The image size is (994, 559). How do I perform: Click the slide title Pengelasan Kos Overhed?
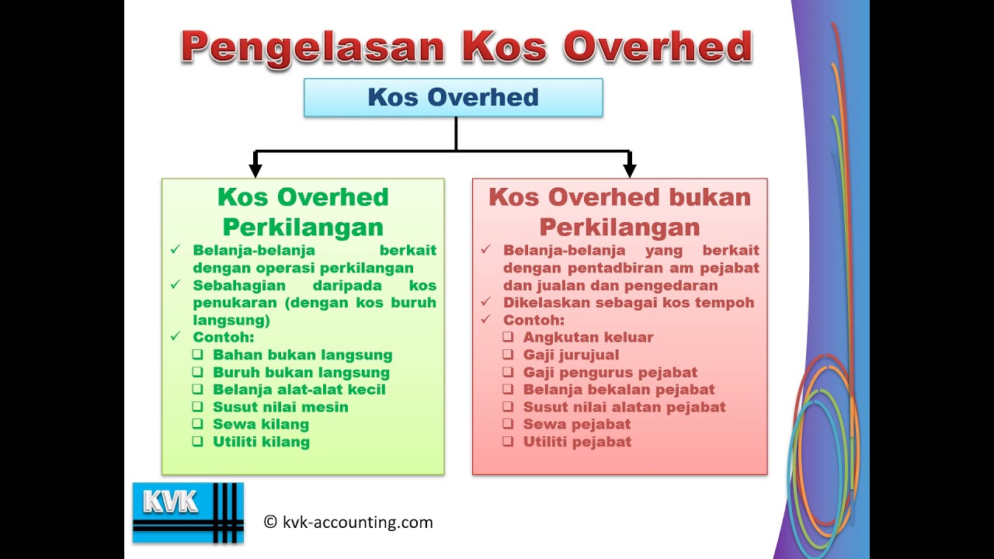pos(466,47)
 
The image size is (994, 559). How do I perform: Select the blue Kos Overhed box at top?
pos(453,98)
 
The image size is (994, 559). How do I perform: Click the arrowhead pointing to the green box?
pos(255,167)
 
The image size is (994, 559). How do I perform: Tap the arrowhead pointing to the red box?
pos(629,167)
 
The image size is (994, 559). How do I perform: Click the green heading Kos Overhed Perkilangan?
pos(303,212)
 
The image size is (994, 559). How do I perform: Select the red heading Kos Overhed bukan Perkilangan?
pos(619,212)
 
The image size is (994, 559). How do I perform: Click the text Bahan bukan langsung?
pos(302,355)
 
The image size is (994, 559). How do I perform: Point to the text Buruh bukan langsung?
pos(301,372)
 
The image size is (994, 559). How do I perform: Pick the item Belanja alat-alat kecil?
pos(299,390)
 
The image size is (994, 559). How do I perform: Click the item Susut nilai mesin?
pos(280,407)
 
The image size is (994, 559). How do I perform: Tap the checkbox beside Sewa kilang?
pos(197,424)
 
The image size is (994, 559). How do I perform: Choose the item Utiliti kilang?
pos(261,442)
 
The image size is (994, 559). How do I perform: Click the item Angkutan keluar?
pos(588,337)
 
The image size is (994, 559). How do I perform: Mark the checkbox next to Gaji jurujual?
pos(508,355)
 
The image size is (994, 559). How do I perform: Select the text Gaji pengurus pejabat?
pos(610,372)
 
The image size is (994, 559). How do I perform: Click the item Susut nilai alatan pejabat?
pos(624,407)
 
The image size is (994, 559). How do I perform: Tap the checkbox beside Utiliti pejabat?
pos(508,442)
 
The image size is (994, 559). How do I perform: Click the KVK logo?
pos(187,512)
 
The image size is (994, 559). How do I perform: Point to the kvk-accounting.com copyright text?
pos(349,523)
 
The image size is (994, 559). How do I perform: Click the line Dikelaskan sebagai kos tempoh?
pos(628,303)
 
